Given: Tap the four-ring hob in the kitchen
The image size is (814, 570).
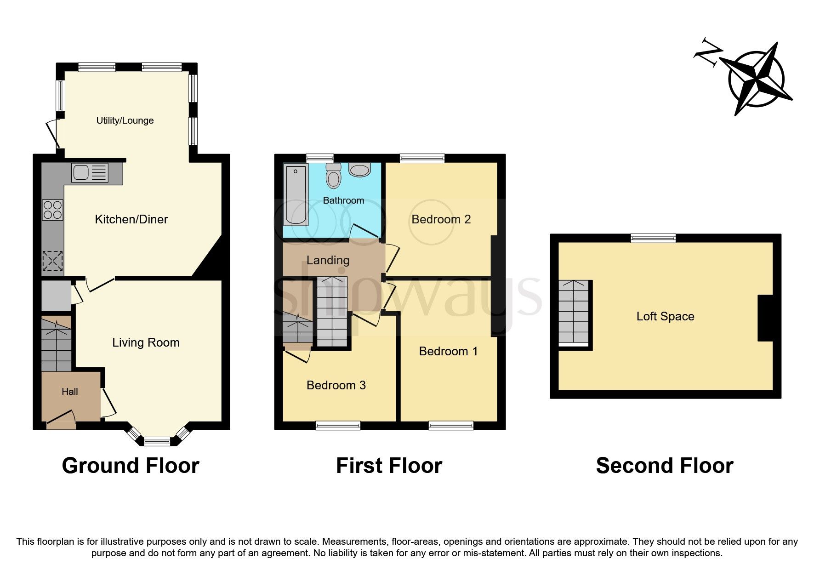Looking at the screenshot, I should pos(52,210).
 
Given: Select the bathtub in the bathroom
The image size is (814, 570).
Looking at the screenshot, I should pos(295,195).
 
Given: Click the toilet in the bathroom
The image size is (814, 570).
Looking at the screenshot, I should pos(334,176).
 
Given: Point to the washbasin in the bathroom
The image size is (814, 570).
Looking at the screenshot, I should pos(359,171).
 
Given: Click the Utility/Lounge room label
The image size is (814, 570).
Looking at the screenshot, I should pos(125,120).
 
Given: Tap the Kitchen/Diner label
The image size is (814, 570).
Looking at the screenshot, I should pos(131,219).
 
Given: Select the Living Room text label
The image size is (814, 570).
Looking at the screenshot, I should pos(146,342).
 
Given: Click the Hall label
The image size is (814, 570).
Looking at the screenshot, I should pos(70,392).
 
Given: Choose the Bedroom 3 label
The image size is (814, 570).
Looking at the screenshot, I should pos(336,385).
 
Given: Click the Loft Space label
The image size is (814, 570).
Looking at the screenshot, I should pos(665,316).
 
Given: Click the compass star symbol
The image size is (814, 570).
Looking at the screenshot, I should pos(756,78).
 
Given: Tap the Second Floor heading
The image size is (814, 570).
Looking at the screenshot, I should pos(664,466).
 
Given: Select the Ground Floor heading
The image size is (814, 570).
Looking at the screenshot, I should pos(131,466).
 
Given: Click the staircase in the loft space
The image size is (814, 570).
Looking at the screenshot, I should pos(573,313).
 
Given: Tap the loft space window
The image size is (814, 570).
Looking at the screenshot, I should pos(653,238).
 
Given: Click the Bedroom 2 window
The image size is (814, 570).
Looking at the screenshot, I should pos(422,159).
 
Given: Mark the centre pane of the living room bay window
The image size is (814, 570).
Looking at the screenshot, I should pos(157,442).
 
